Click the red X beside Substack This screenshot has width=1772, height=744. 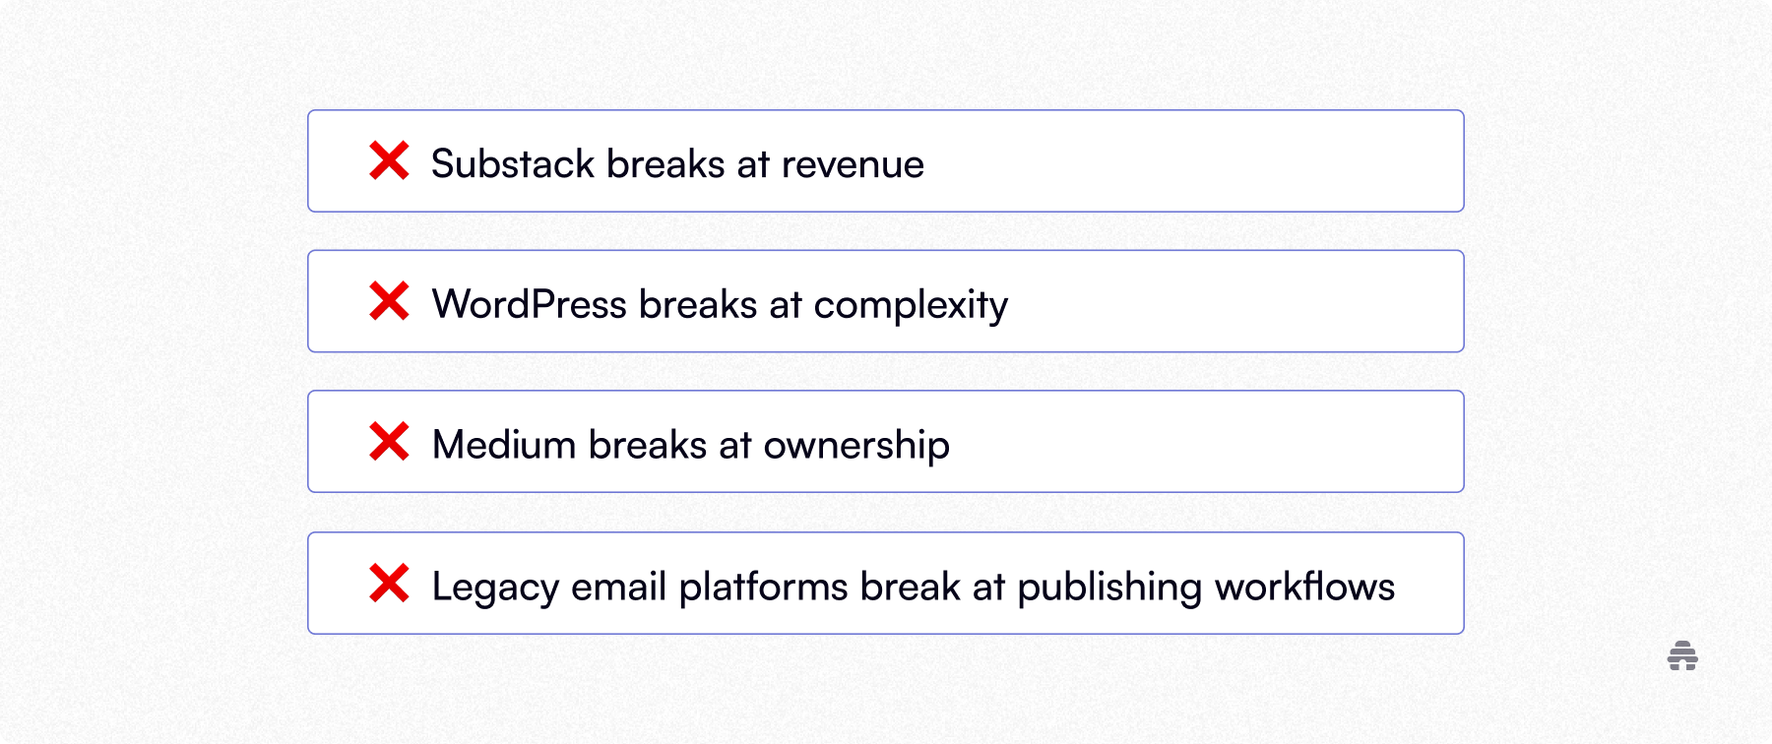coord(389,160)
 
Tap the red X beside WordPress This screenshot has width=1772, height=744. coord(389,301)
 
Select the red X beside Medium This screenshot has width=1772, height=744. coord(389,442)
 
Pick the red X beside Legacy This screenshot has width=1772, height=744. coord(389,584)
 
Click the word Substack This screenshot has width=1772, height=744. coord(513,164)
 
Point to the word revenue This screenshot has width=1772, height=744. coord(853,164)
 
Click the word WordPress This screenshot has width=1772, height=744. coord(529,305)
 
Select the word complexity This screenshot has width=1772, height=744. coord(911,306)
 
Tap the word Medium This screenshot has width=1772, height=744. coord(504,446)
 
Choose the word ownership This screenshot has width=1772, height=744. coord(856,446)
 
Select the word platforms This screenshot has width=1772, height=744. coord(763,588)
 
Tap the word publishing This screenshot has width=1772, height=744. coord(1109,588)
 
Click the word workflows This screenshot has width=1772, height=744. coord(1304,588)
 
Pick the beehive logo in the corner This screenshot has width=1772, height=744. coord(1682,655)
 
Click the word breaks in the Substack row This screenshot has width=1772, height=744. coord(665,164)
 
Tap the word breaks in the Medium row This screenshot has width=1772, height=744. coord(648,446)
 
